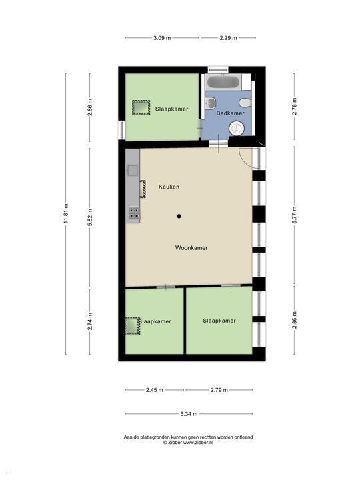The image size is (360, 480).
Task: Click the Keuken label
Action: click(169, 187)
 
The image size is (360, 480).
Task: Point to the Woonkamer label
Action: click(191, 247)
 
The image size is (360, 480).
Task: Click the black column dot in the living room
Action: click(179, 215)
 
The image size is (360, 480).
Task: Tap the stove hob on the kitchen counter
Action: click(134, 213)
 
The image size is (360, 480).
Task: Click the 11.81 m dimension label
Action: click(65, 213)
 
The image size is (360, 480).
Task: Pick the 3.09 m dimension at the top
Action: click(162, 38)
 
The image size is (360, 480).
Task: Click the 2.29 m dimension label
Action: click(229, 38)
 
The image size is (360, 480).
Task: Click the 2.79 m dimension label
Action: click(219, 390)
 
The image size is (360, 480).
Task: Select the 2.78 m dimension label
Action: click(294, 107)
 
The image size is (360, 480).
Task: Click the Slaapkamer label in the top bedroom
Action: click(171, 108)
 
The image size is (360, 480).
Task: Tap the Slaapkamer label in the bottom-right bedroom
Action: click(219, 321)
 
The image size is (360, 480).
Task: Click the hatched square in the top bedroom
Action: click(141, 108)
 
